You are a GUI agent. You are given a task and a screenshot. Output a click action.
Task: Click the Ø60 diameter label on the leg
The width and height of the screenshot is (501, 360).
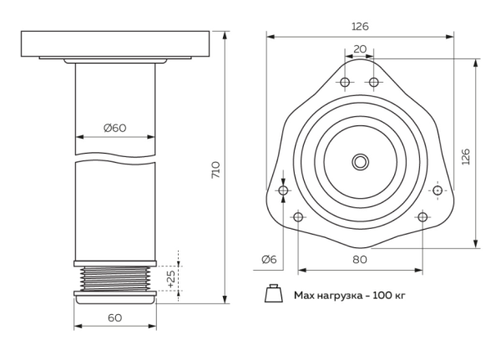[114, 128]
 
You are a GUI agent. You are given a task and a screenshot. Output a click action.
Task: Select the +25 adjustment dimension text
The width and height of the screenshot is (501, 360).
[171, 278]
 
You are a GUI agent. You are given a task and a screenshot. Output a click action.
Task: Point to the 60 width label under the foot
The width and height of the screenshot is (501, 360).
[114, 317]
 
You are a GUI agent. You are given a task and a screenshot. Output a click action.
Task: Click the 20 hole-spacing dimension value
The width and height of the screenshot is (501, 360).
[359, 48]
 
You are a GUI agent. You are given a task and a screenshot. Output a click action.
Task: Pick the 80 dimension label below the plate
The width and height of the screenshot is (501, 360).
[359, 259]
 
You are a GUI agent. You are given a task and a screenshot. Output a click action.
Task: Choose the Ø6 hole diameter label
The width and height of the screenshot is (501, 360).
[269, 259]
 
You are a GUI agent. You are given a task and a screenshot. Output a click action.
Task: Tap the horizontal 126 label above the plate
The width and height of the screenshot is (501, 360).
[359, 26]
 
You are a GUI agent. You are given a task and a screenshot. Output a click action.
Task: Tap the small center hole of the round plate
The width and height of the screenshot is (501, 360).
[360, 159]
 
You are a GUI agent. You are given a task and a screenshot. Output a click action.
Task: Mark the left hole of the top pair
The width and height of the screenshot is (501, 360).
[345, 82]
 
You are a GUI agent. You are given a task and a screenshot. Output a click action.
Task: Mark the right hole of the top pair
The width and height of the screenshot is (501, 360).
[374, 82]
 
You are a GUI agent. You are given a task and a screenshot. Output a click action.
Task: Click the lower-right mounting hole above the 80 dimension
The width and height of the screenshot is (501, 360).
[422, 217]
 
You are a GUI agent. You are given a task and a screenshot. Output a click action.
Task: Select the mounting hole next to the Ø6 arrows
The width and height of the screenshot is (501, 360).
[283, 191]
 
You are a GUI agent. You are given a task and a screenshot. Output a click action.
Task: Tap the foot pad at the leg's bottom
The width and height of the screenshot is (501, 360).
[114, 293]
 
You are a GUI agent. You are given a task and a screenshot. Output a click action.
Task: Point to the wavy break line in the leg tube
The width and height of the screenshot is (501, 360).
[114, 159]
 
